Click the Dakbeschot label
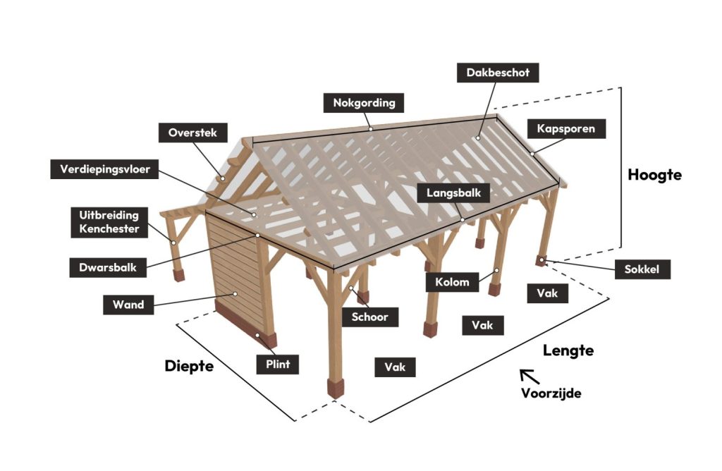(498, 73)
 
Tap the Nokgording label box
(364, 103)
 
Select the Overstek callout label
(192, 133)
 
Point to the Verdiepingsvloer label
(104, 169)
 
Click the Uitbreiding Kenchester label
(109, 222)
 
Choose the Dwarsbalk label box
(108, 267)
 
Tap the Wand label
(128, 305)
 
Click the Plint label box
(278, 365)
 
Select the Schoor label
(369, 317)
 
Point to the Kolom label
(452, 282)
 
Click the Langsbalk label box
(453, 193)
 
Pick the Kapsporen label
(566, 129)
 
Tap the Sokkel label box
(642, 269)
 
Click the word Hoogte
(655, 175)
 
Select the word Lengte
(568, 350)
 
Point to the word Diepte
(189, 366)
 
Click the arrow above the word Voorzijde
(530, 376)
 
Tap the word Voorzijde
(551, 393)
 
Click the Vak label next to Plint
(395, 367)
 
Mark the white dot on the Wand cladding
(235, 294)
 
